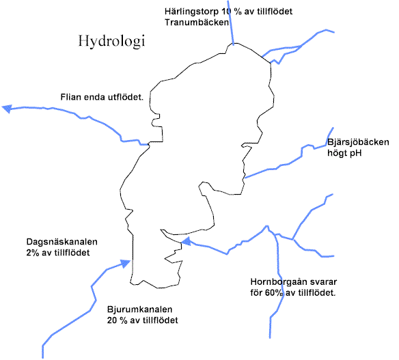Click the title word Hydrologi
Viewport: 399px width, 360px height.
pos(111,41)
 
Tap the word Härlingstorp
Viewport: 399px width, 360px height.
pos(191,12)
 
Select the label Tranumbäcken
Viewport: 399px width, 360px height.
pos(197,23)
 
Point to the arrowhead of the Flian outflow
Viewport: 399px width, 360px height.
pos(7,109)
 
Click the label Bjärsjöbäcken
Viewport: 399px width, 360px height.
pos(358,142)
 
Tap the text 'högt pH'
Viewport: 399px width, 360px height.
pos(344,153)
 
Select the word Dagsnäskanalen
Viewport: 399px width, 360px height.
pos(62,241)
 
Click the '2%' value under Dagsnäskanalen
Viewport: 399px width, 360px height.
pos(32,253)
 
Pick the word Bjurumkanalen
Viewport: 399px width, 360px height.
pos(139,309)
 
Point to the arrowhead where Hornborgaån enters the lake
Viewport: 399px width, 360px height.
pos(186,241)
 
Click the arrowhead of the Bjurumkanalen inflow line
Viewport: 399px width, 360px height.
pos(126,263)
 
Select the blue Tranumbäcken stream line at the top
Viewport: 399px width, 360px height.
pos(230,23)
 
